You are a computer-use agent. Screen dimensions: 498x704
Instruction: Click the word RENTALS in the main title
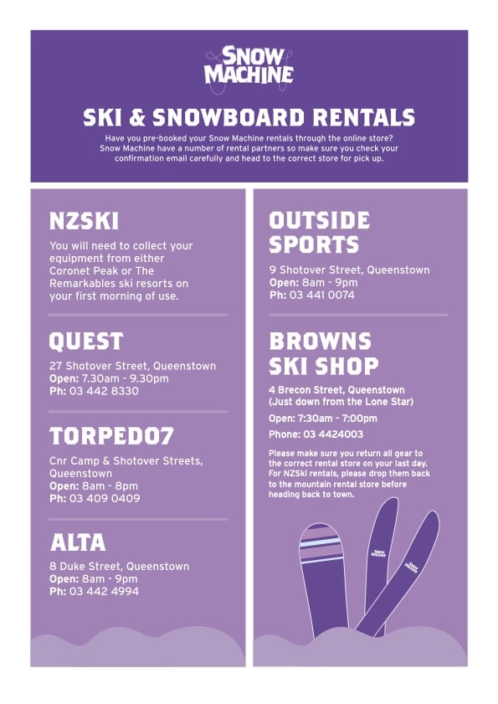(363, 118)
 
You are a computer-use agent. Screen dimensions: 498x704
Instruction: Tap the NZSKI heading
(84, 221)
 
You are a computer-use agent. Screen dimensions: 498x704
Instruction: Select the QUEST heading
(86, 342)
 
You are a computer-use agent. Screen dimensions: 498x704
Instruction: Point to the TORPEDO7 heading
(111, 436)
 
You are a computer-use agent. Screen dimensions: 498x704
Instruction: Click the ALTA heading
(78, 542)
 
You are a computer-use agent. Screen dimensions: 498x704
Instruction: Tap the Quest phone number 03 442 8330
(104, 391)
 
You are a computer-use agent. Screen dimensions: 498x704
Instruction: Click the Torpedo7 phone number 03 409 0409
(105, 498)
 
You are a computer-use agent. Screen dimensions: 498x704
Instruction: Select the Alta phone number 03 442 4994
(104, 591)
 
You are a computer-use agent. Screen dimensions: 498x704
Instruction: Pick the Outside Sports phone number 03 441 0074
(322, 295)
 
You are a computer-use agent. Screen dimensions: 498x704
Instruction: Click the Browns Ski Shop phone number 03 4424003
(333, 434)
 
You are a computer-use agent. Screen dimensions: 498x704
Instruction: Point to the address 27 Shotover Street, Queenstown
(132, 366)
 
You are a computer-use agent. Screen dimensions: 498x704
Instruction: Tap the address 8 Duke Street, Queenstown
(120, 566)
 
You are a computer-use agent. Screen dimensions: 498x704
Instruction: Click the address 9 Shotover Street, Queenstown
(349, 270)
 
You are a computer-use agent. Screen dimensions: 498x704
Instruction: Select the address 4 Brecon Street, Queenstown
(336, 390)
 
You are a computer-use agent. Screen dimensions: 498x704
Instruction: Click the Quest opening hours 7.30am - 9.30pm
(126, 378)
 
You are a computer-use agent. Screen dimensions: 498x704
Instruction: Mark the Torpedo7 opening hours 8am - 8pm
(110, 486)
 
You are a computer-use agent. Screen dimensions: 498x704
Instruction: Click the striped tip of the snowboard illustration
(321, 542)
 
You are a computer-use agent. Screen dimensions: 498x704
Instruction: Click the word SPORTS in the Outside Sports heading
(314, 244)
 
